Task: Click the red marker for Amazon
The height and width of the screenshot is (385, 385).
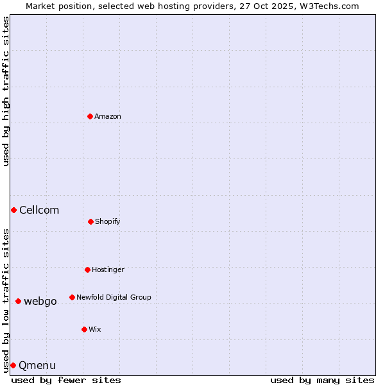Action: pyautogui.click(x=90, y=116)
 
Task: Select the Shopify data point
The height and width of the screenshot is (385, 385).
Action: pyautogui.click(x=90, y=221)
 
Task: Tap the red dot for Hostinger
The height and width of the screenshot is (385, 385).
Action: pyautogui.click(x=87, y=269)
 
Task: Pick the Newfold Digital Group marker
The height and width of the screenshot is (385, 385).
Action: pyautogui.click(x=72, y=297)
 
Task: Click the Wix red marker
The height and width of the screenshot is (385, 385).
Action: pyautogui.click(x=84, y=329)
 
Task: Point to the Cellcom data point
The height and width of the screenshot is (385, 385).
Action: pyautogui.click(x=13, y=210)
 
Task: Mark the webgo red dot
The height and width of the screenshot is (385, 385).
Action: pyautogui.click(x=18, y=301)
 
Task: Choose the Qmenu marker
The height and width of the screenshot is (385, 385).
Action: pyautogui.click(x=13, y=365)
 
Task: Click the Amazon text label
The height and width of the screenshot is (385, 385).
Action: pyautogui.click(x=108, y=116)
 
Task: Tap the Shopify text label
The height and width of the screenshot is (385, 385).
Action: pyautogui.click(x=108, y=221)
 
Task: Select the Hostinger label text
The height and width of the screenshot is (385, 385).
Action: pyautogui.click(x=108, y=269)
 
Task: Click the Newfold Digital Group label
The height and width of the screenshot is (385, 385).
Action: pyautogui.click(x=114, y=297)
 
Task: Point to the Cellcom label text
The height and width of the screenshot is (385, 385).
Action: pyautogui.click(x=39, y=210)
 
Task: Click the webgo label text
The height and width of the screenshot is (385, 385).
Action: pyautogui.click(x=40, y=301)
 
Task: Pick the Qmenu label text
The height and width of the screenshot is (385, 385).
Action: pyautogui.click(x=37, y=365)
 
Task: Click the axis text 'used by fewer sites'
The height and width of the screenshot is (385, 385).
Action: pyautogui.click(x=66, y=380)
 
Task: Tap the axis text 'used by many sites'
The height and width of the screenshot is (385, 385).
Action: pyautogui.click(x=322, y=380)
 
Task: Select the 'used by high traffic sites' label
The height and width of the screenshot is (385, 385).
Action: pyautogui.click(x=6, y=91)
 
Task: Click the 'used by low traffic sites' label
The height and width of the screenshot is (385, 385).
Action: pyautogui.click(x=6, y=300)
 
